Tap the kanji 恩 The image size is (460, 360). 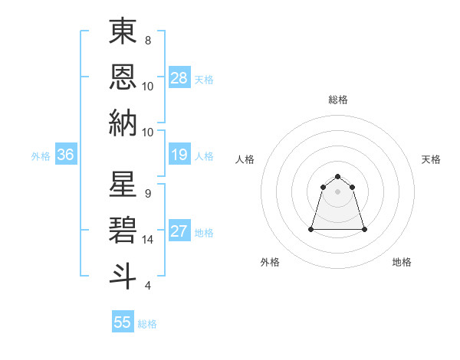(123, 77)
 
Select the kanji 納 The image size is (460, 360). (123, 123)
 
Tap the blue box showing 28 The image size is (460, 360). (179, 78)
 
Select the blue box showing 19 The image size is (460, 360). (179, 155)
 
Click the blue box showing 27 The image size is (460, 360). (179, 231)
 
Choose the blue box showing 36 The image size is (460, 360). (66, 155)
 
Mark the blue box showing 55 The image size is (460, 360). (123, 322)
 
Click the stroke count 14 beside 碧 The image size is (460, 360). (149, 239)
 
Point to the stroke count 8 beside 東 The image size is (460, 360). (147, 40)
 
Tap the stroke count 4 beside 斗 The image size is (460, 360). (147, 286)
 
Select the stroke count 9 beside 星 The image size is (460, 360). (147, 193)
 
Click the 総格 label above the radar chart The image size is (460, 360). (338, 100)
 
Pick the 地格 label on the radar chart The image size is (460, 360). (402, 262)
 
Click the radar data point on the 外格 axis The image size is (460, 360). (312, 229)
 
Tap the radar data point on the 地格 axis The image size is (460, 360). (364, 229)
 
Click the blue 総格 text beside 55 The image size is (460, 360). (147, 324)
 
